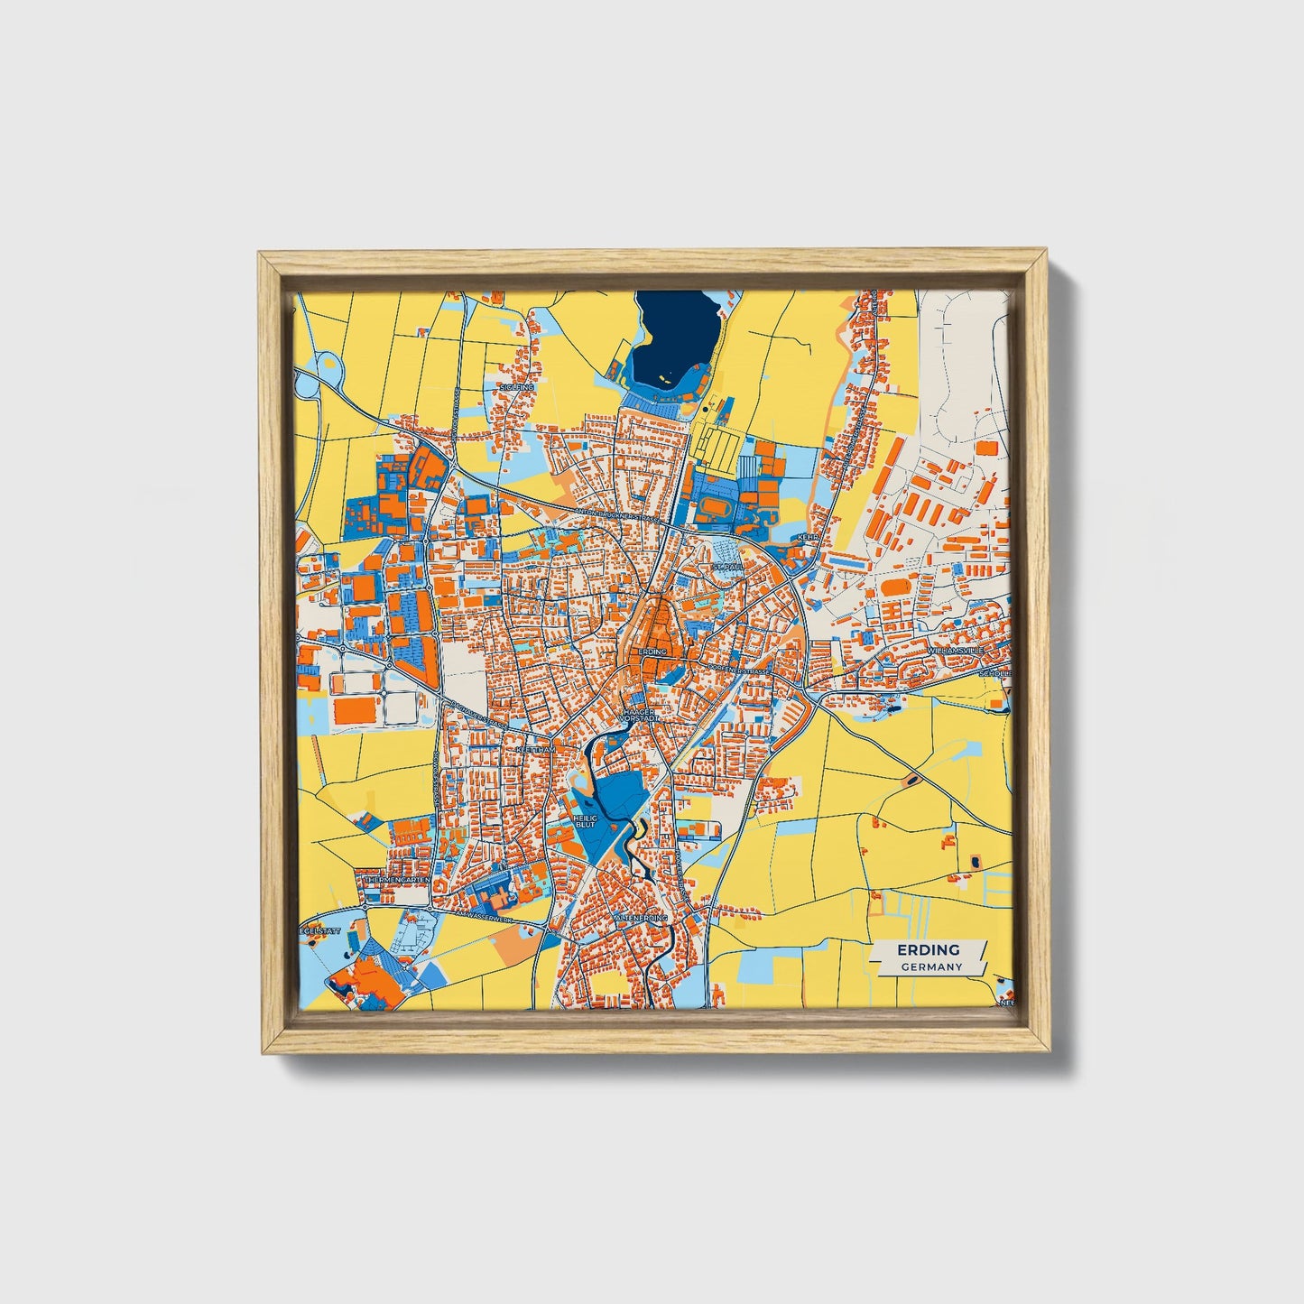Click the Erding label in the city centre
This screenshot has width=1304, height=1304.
click(x=652, y=652)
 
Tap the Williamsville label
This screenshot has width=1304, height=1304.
click(x=957, y=650)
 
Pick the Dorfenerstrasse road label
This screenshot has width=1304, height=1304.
click(x=740, y=670)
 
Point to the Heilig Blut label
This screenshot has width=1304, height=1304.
click(x=585, y=821)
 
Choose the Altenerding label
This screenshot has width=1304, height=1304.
click(x=641, y=918)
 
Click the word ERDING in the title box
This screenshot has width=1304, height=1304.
click(x=928, y=950)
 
